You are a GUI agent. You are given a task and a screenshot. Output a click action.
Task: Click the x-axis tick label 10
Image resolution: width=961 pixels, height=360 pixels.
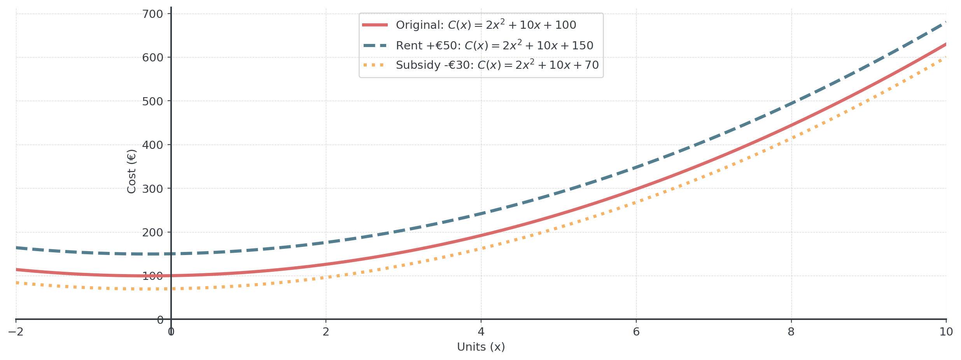click(x=946, y=332)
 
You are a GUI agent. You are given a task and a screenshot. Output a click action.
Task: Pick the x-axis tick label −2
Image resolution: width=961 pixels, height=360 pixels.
click(x=16, y=332)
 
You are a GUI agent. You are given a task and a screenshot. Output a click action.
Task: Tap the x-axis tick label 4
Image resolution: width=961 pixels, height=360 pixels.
click(x=481, y=332)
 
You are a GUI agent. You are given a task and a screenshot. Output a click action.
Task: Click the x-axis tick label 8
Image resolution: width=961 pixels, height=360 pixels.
click(x=791, y=332)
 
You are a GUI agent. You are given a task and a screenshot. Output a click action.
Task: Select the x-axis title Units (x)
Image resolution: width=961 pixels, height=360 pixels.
click(x=481, y=347)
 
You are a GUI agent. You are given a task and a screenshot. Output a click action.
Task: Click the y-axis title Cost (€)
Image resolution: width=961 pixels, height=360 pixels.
click(x=131, y=171)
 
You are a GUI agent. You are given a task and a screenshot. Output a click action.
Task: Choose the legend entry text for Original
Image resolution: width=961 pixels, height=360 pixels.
click(x=486, y=25)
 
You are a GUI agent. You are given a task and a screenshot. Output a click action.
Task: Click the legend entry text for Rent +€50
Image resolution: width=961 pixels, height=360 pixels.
click(x=494, y=45)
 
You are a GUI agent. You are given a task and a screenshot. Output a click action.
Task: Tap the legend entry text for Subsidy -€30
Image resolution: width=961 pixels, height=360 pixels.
click(x=497, y=65)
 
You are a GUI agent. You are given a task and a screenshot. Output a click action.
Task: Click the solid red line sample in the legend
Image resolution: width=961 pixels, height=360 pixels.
click(x=375, y=25)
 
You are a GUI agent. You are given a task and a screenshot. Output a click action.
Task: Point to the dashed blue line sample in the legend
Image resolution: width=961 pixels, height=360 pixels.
click(x=375, y=45)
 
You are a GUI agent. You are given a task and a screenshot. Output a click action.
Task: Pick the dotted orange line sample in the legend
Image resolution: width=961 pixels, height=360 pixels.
click(x=375, y=65)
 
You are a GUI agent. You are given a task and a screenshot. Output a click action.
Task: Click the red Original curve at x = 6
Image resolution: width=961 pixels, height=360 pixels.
click(x=636, y=189)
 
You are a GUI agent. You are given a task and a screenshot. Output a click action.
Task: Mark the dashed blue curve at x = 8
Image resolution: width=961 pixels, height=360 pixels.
click(x=791, y=103)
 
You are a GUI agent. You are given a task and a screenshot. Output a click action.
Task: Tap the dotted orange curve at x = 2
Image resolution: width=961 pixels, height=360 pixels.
click(x=326, y=277)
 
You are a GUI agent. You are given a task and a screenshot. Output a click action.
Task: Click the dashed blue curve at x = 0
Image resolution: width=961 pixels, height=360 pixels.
click(x=171, y=254)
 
